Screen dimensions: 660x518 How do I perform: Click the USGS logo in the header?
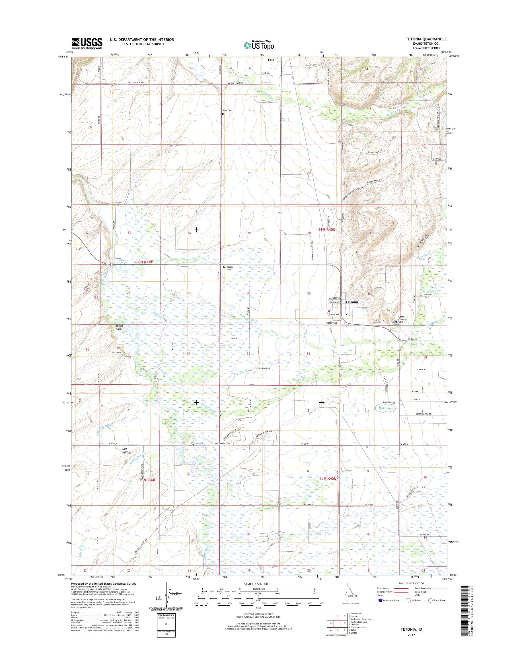coord(87,43)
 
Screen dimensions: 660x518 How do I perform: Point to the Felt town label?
coord(270,60)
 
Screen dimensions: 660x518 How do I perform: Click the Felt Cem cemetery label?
coord(227,111)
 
